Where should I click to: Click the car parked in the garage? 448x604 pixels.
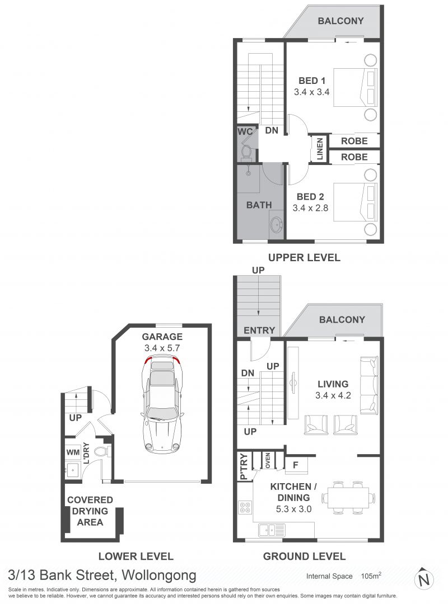161,404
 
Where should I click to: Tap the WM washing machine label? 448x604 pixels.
73,452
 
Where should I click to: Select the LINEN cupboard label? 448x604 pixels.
320,149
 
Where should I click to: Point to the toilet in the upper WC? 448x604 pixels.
246,152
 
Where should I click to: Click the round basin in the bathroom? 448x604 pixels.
276,225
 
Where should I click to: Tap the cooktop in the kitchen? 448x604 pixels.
245,507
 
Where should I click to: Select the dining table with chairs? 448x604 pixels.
348,498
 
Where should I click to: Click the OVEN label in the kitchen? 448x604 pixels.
268,460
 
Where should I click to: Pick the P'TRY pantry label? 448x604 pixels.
244,467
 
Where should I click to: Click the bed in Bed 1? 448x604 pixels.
355,87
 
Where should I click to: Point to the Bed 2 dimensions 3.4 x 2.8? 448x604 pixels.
310,208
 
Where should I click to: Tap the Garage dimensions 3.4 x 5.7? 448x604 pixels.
162,348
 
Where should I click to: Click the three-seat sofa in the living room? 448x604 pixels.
369,385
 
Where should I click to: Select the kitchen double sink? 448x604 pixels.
272,530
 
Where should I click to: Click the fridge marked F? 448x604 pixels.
296,465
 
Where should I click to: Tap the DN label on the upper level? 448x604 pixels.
272,130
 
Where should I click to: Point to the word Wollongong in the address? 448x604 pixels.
159,576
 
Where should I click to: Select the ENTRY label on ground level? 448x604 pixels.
259,330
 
